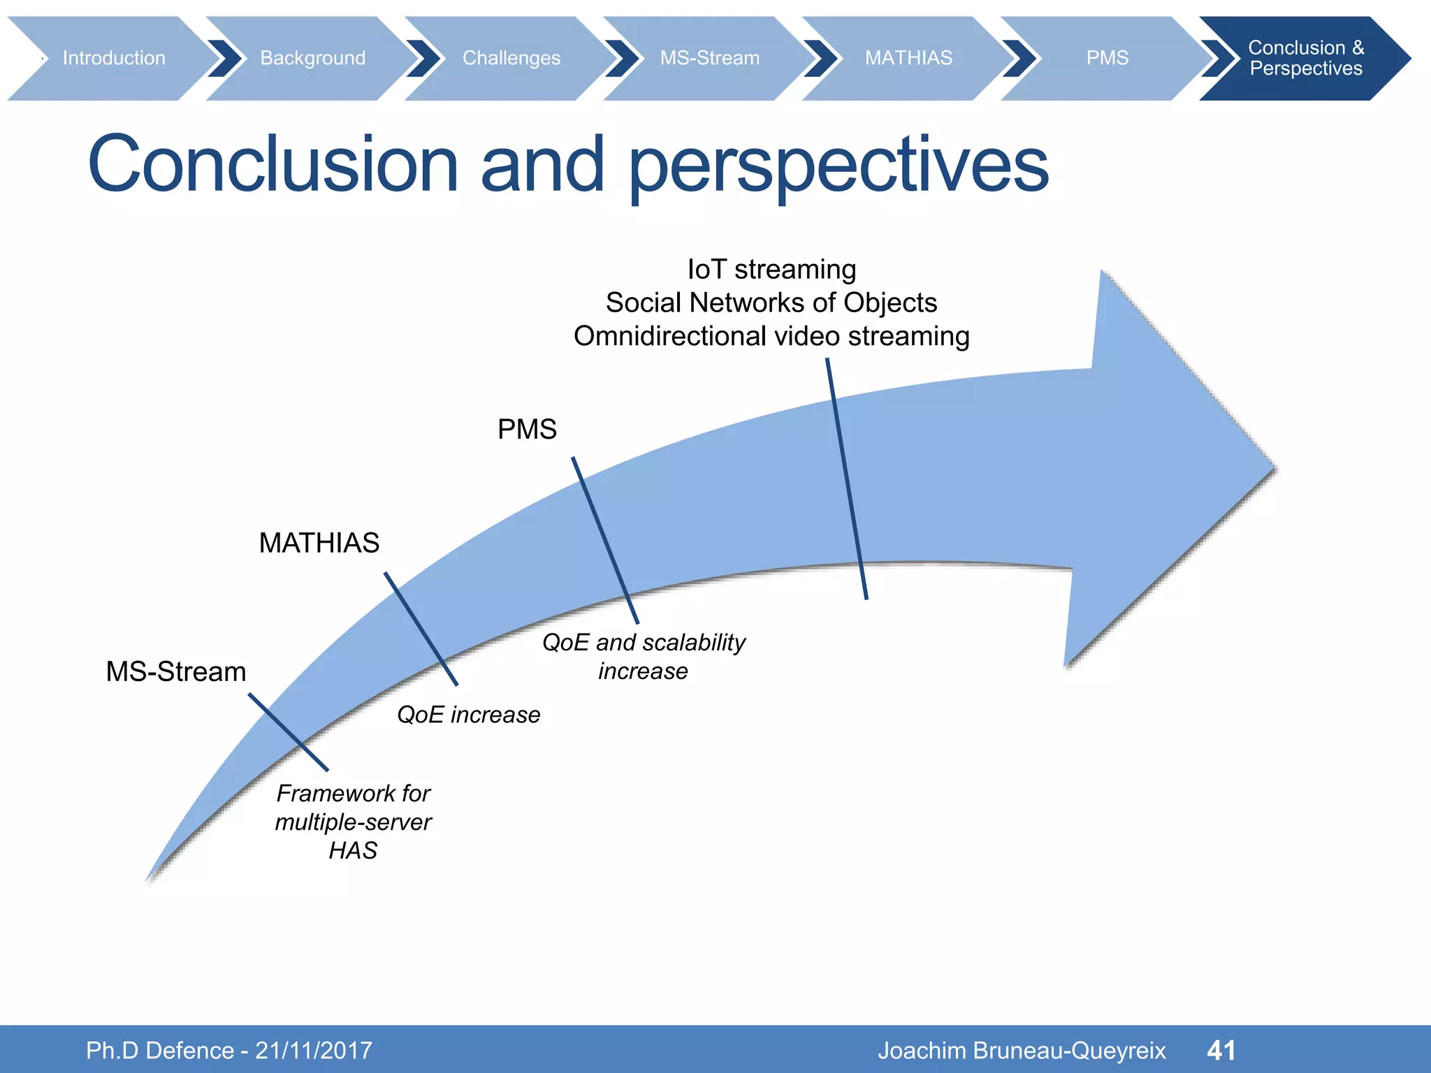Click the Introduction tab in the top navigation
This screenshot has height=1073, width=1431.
pyautogui.click(x=114, y=58)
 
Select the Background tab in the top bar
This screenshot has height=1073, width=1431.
pyautogui.click(x=312, y=58)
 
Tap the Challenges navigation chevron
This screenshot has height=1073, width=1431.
pyautogui.click(x=511, y=58)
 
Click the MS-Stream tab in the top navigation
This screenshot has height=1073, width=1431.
pyautogui.click(x=709, y=58)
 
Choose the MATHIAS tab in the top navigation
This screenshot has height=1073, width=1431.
pyautogui.click(x=908, y=58)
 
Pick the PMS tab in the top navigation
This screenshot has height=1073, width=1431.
pyautogui.click(x=1107, y=58)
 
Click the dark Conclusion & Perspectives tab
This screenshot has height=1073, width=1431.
pyautogui.click(x=1305, y=58)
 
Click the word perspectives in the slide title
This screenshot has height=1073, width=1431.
pyautogui.click(x=838, y=166)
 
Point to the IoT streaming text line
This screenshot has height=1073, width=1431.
pyautogui.click(x=771, y=270)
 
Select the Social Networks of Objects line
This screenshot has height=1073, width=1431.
pyautogui.click(x=771, y=303)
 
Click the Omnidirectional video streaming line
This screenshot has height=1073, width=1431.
pyautogui.click(x=771, y=337)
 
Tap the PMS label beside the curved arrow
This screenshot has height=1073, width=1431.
pyautogui.click(x=527, y=429)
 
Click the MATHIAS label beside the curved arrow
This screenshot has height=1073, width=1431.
pyautogui.click(x=319, y=543)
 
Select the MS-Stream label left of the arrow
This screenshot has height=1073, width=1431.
pyautogui.click(x=176, y=671)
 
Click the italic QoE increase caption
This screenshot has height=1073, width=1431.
pyautogui.click(x=468, y=715)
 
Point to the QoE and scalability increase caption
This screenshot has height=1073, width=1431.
pyautogui.click(x=644, y=656)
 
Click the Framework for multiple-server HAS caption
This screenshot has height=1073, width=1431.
pyautogui.click(x=353, y=822)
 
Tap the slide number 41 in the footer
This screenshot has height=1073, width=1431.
pyautogui.click(x=1221, y=1050)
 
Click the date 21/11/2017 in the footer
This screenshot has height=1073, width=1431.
pyautogui.click(x=314, y=1050)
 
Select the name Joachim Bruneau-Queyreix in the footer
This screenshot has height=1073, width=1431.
pyautogui.click(x=1022, y=1050)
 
